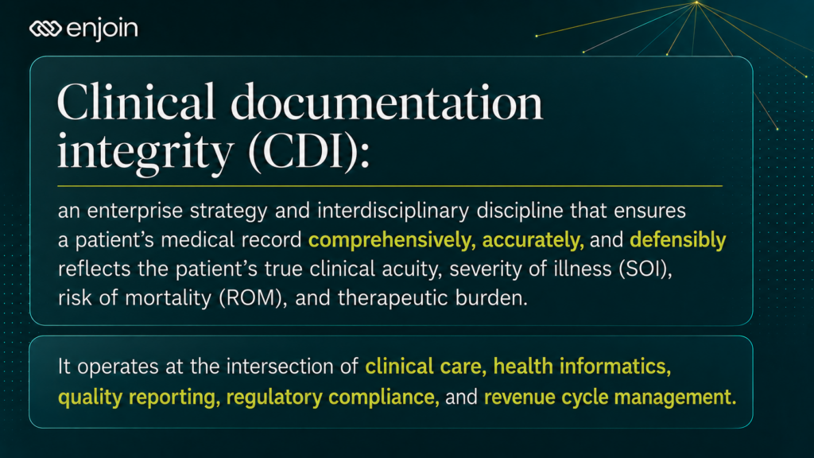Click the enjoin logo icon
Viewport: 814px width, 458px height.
45,29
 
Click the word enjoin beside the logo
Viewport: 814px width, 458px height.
103,29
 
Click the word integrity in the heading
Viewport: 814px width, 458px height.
145,152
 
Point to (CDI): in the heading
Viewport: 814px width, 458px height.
309,153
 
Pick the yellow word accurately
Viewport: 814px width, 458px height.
533,240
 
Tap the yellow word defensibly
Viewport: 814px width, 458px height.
677,239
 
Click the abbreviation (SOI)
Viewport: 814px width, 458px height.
645,269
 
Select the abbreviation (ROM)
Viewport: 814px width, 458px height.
253,298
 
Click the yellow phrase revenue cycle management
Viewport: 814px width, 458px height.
610,398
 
